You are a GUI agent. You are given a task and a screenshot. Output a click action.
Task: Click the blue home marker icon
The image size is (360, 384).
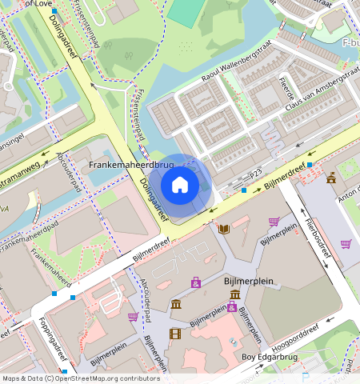tap(180, 185)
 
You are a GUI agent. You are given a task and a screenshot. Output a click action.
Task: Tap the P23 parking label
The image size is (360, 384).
tap(255, 174)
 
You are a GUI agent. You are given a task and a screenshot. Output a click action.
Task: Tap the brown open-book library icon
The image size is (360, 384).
tap(224, 229)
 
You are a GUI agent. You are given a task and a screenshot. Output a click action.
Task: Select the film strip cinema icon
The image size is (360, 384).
tap(175, 334)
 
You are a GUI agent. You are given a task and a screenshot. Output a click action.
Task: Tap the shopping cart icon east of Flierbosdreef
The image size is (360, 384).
tap(346, 244)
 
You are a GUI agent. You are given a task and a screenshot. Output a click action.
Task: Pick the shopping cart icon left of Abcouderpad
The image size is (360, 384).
tap(133, 317)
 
